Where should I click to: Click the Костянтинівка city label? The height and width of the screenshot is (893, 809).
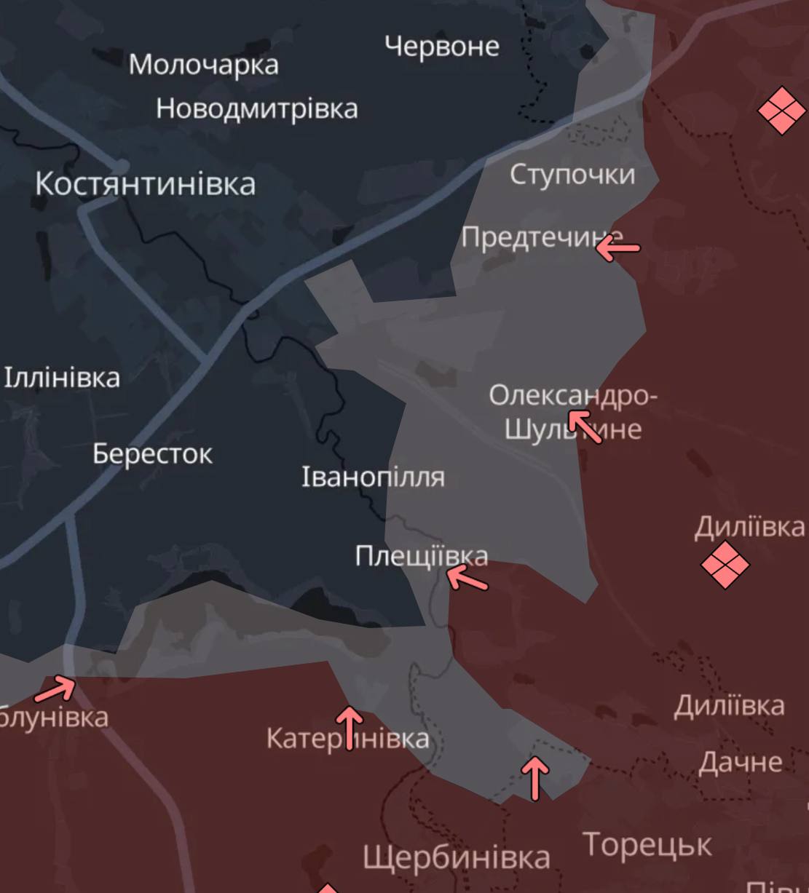(x=145, y=184)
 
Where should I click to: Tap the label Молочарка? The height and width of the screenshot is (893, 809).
(x=203, y=64)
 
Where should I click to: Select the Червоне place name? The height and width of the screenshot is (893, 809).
(x=441, y=47)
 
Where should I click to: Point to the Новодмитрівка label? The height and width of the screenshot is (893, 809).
(x=256, y=108)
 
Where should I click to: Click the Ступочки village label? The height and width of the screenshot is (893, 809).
(x=572, y=175)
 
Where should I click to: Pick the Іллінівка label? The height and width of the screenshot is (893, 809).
(x=62, y=378)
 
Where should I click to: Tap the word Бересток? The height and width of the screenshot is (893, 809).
(x=152, y=454)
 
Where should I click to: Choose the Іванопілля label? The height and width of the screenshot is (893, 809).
(x=373, y=477)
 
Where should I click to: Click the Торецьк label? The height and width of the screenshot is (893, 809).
(x=647, y=845)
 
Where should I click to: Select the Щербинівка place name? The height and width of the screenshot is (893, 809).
(x=456, y=857)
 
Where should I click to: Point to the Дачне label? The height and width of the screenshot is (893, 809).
(x=740, y=762)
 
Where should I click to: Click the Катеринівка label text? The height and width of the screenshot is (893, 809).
(x=347, y=739)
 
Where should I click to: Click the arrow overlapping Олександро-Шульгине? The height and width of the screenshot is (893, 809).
(x=585, y=426)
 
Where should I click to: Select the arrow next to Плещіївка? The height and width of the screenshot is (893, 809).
(x=467, y=579)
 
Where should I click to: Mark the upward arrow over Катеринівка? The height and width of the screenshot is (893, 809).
(x=350, y=726)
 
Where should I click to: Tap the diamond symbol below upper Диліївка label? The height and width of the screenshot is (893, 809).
(x=725, y=565)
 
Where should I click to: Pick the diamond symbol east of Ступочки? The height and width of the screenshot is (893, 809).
(x=781, y=111)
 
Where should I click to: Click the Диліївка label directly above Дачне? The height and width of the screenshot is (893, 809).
(x=729, y=706)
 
